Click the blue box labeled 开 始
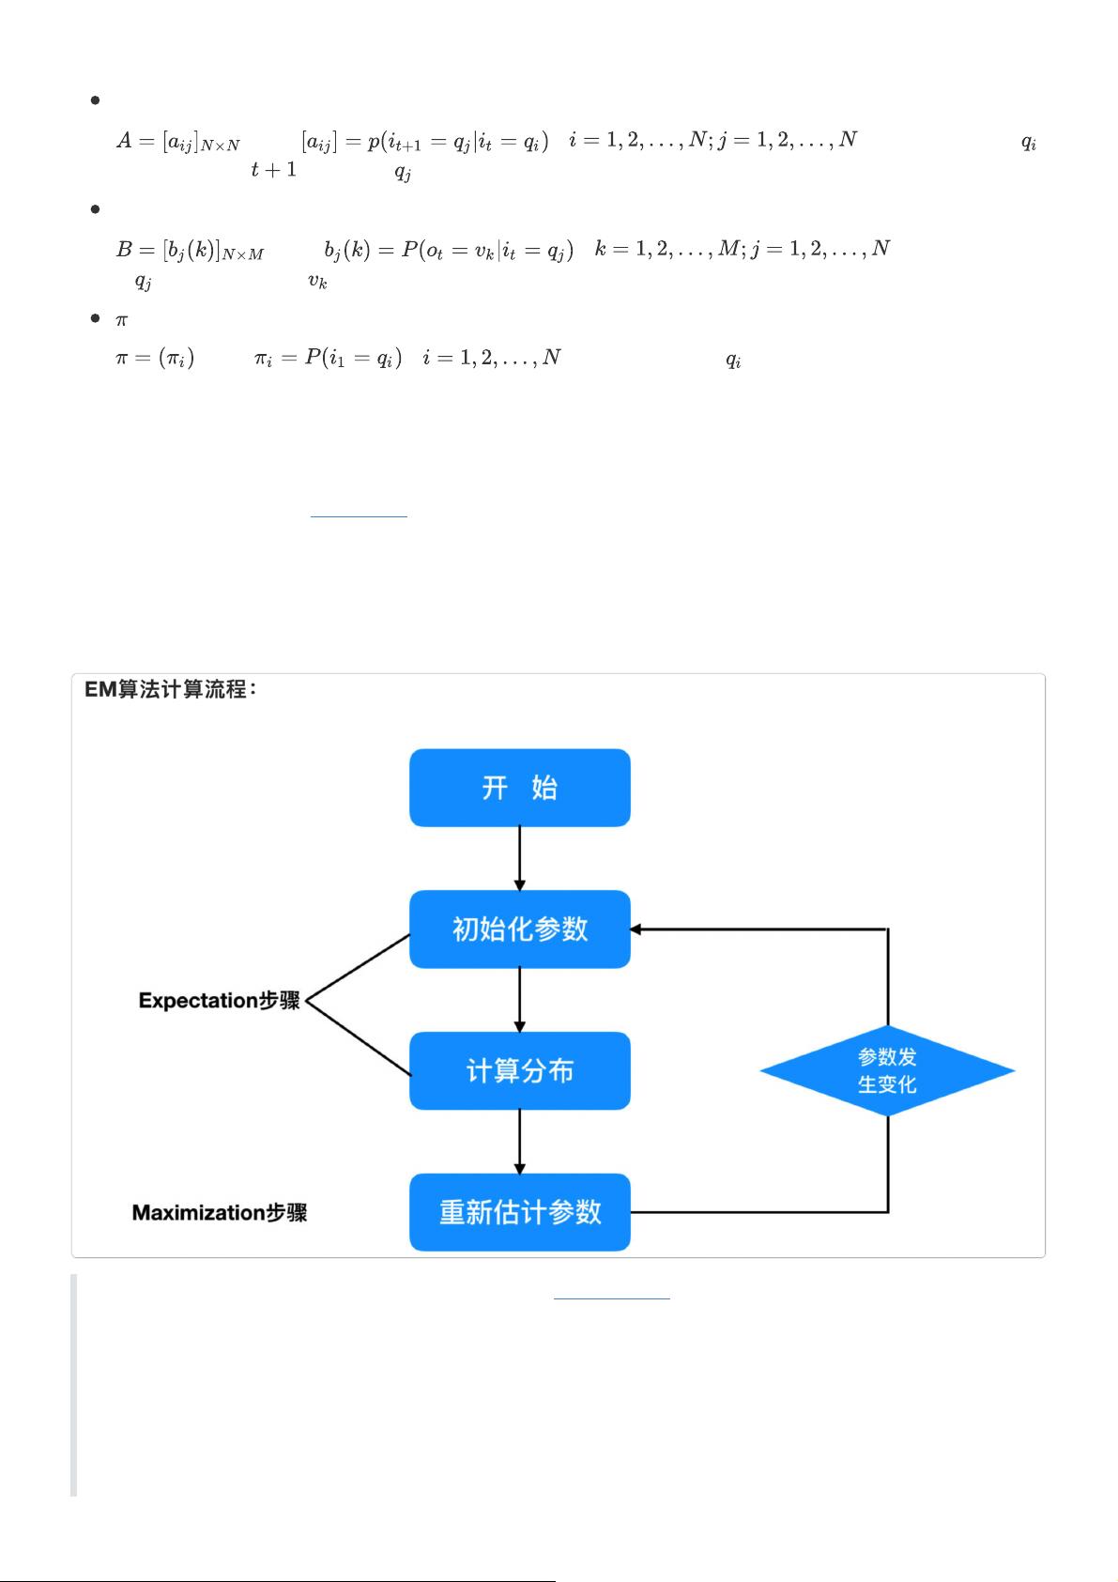coord(519,788)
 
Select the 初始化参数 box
coord(519,929)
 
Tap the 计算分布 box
coord(519,1071)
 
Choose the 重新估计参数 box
coord(519,1212)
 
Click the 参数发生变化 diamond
coord(887,1071)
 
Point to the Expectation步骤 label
coord(219,1001)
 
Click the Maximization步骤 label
coord(219,1213)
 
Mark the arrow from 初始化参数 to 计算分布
coord(519,1000)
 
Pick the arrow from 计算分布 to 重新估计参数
coord(519,1142)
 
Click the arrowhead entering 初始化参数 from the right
coord(636,929)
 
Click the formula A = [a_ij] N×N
coord(178,142)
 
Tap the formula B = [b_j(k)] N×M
coord(190,251)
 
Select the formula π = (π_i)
coord(155,359)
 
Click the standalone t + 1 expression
coord(273,170)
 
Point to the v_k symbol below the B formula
coord(317,281)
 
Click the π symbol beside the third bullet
coord(121,320)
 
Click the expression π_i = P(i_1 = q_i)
coord(328,359)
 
